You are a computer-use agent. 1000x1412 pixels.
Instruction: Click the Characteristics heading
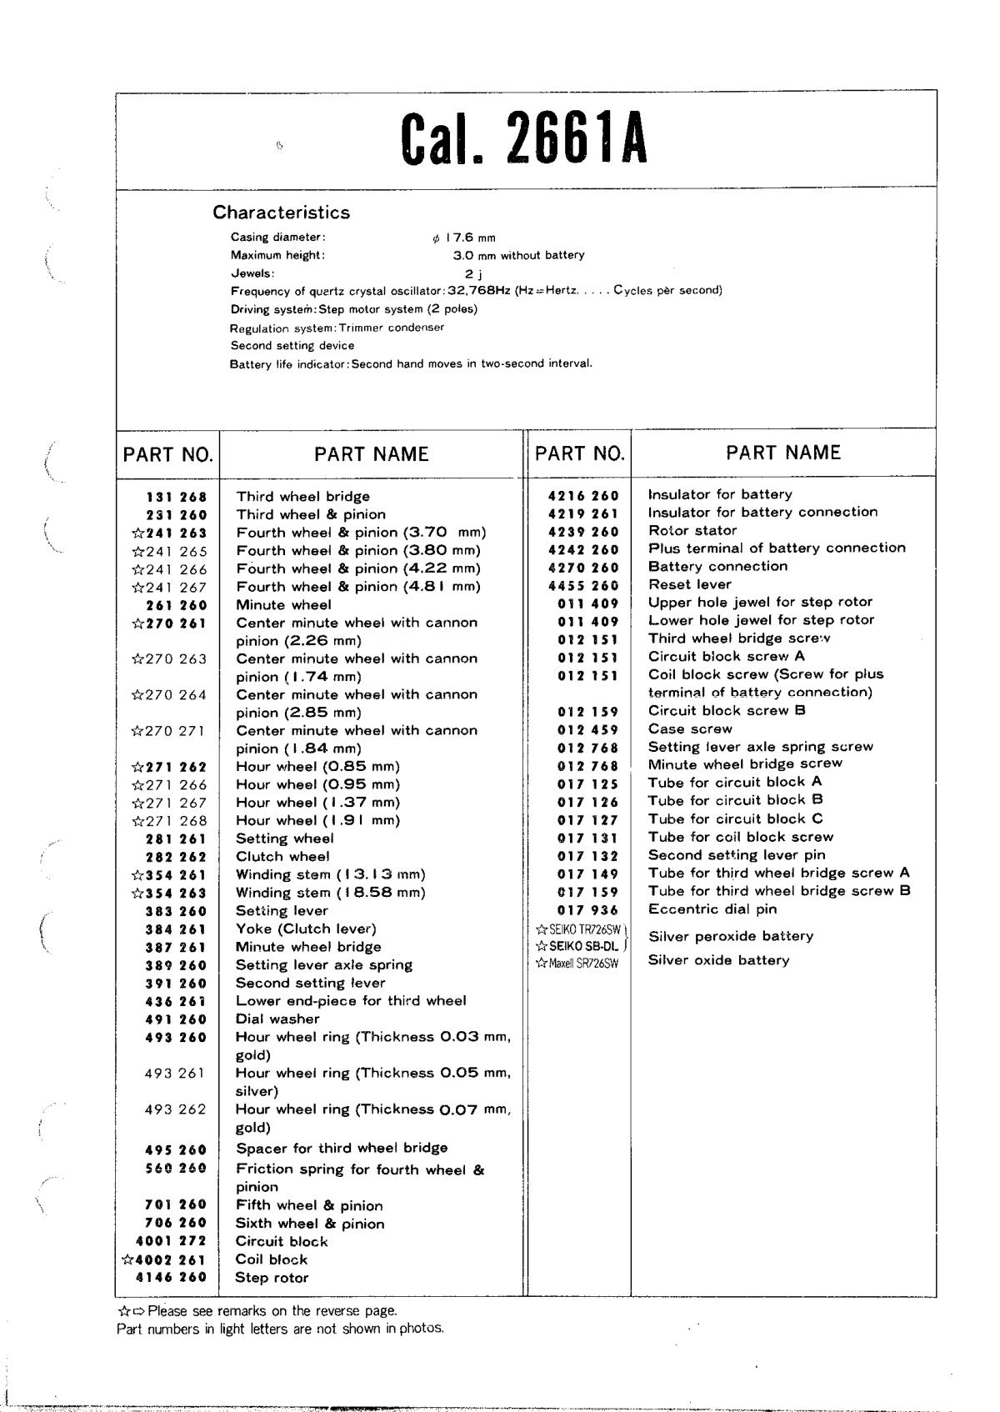pyautogui.click(x=281, y=213)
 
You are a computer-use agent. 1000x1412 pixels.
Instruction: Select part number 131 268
pyautogui.click(x=176, y=497)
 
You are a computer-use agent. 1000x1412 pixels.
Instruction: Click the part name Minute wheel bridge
pyautogui.click(x=308, y=947)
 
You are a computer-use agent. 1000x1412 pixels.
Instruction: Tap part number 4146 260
pyautogui.click(x=171, y=1278)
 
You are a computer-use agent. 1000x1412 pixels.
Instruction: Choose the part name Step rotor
pyautogui.click(x=272, y=1278)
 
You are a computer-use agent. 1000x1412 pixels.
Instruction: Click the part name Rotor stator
pyautogui.click(x=692, y=530)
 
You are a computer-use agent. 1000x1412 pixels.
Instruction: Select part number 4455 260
pyautogui.click(x=583, y=585)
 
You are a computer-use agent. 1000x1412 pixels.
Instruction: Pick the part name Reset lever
pyautogui.click(x=689, y=584)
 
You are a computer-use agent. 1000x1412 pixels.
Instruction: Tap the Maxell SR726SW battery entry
pyautogui.click(x=577, y=964)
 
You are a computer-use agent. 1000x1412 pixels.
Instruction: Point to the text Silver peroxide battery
pyautogui.click(x=730, y=936)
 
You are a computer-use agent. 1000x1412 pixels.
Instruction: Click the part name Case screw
pyautogui.click(x=690, y=729)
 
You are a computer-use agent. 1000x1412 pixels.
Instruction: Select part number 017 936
pyautogui.click(x=588, y=910)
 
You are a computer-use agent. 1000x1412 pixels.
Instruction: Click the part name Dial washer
pyautogui.click(x=277, y=1019)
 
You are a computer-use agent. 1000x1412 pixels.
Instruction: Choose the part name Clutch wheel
pyautogui.click(x=282, y=856)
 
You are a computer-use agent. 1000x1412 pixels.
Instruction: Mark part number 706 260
pyautogui.click(x=176, y=1223)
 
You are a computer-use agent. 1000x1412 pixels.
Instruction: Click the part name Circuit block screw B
pyautogui.click(x=727, y=711)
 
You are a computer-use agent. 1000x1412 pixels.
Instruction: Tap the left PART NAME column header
pyautogui.click(x=371, y=454)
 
